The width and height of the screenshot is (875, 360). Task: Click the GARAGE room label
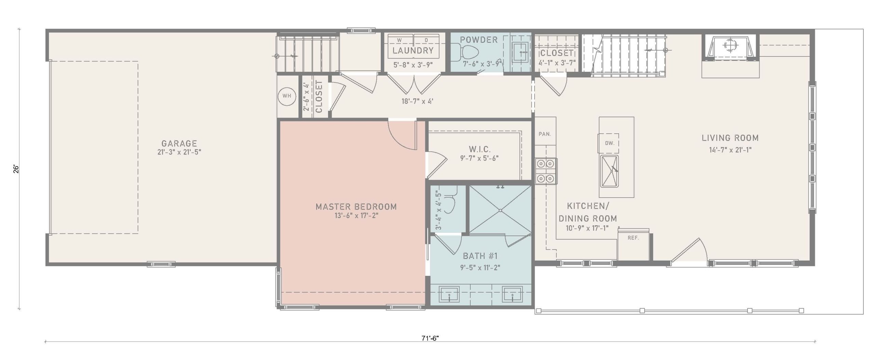pyautogui.click(x=179, y=143)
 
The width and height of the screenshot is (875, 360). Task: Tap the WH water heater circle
pyautogui.click(x=287, y=96)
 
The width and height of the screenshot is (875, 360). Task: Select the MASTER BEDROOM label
pyautogui.click(x=356, y=206)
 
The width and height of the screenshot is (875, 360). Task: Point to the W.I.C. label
pyautogui.click(x=480, y=149)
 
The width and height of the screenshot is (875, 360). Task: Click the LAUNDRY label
pyautogui.click(x=413, y=51)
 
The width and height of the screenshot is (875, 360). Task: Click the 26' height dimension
pyautogui.click(x=16, y=169)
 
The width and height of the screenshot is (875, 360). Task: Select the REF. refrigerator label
pyautogui.click(x=633, y=238)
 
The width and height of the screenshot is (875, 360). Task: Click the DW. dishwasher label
pyautogui.click(x=610, y=143)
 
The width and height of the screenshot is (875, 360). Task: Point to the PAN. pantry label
pyautogui.click(x=545, y=134)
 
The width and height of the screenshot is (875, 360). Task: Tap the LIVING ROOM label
pyautogui.click(x=730, y=138)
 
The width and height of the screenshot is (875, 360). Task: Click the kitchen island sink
pyautogui.click(x=609, y=171)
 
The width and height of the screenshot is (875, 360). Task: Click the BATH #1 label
pyautogui.click(x=480, y=256)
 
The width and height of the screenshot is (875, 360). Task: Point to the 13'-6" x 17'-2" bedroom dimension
pyautogui.click(x=356, y=216)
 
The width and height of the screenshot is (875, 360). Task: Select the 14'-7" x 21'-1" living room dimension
pyautogui.click(x=730, y=150)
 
